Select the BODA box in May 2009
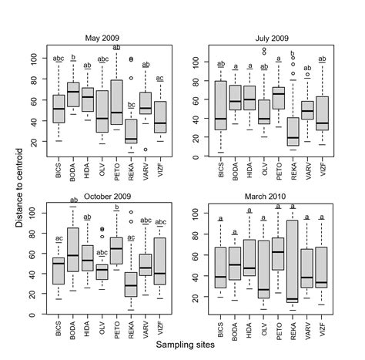pos(74,94)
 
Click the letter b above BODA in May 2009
pos(74,58)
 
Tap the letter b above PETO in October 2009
pos(116,207)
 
